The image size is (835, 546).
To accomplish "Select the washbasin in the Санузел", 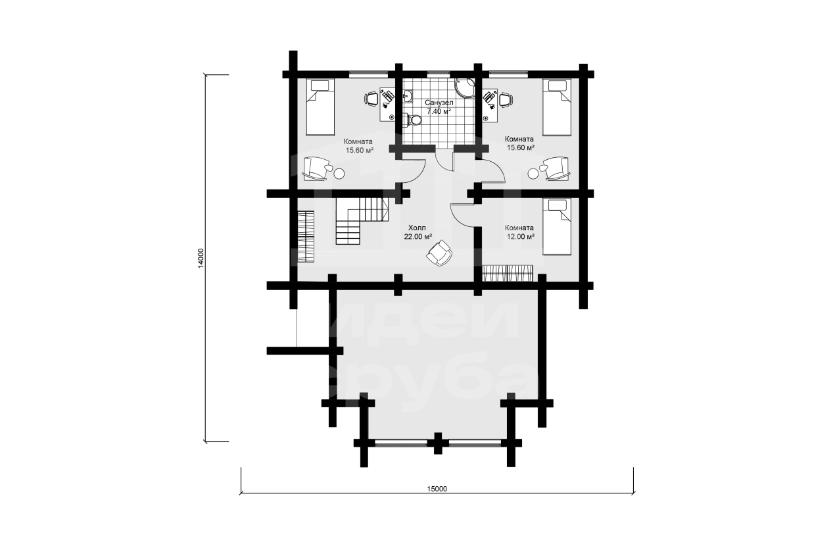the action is click(408, 96).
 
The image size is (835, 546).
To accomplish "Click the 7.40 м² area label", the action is click(439, 111).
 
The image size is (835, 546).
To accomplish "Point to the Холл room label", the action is click(417, 228).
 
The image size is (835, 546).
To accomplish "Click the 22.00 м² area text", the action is click(418, 236).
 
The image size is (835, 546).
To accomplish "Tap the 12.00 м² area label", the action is click(520, 236).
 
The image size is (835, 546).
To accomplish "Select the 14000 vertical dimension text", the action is click(201, 258).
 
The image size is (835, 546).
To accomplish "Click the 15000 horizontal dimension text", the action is click(437, 489).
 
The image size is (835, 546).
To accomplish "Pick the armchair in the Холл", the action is click(439, 253).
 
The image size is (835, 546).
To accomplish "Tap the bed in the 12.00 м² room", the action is click(557, 226).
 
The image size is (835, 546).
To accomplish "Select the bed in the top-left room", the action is click(320, 107).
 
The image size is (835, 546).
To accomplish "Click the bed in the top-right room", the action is click(557, 107).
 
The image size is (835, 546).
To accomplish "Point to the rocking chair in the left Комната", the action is click(317, 168).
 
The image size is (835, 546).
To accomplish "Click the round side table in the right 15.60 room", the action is click(533, 174).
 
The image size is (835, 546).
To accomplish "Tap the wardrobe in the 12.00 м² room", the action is click(508, 273).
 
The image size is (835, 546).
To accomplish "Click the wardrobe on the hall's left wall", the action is click(306, 237).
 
